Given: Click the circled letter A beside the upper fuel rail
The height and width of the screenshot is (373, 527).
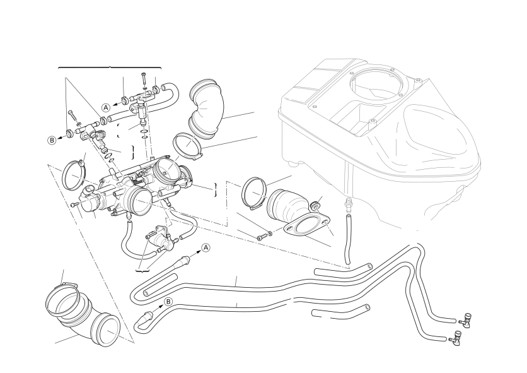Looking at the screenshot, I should click(106, 107).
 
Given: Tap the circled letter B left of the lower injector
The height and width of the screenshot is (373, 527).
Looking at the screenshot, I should click(52, 140).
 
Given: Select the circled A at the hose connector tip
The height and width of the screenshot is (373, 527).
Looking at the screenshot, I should click(206, 248).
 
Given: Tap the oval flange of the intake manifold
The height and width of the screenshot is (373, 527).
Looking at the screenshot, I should click(306, 228).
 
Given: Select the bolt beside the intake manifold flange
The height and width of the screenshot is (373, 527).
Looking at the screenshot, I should click(263, 237).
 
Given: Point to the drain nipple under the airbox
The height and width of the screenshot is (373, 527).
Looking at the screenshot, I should click(345, 204).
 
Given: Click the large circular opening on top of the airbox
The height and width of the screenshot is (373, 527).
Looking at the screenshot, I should click(376, 83).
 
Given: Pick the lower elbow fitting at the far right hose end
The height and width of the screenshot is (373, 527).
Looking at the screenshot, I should click(456, 341).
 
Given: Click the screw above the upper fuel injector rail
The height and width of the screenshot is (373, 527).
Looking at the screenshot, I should click(144, 80).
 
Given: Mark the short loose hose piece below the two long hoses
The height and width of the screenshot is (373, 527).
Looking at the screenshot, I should click(340, 311).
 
